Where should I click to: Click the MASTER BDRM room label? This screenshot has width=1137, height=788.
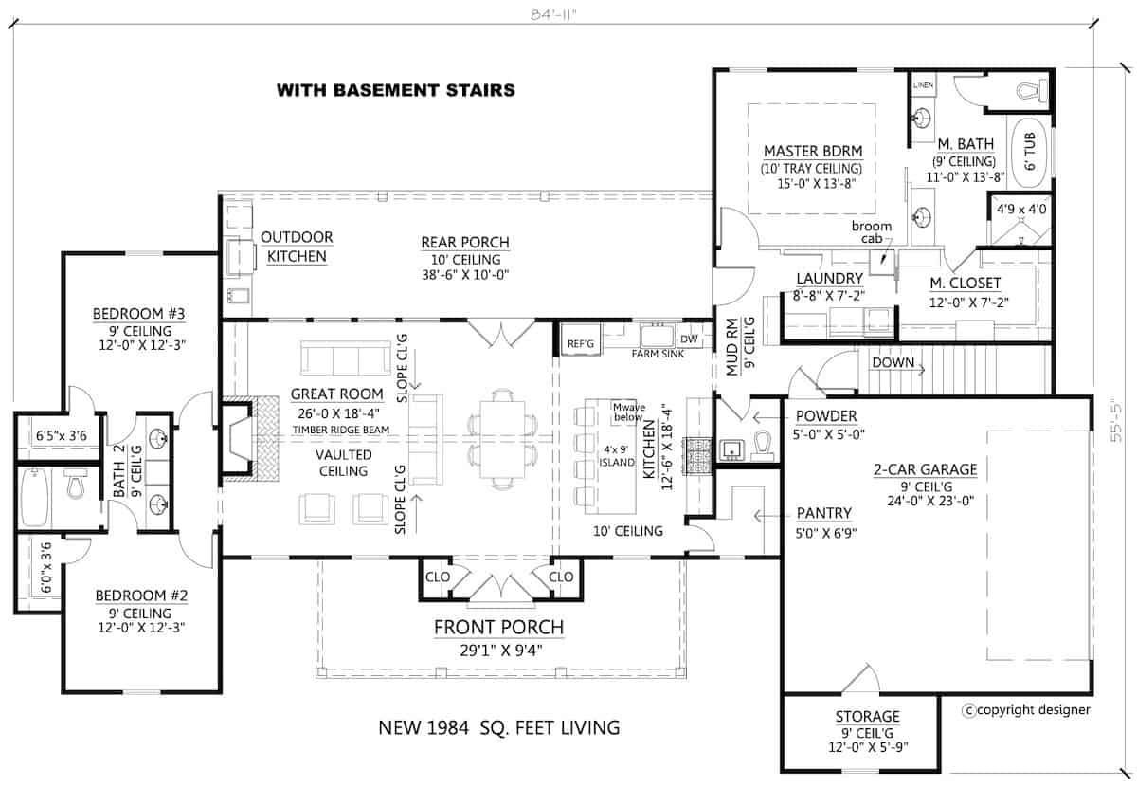[806, 151]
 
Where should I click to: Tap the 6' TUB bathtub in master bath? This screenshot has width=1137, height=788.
[1029, 153]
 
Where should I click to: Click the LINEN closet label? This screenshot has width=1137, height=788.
[923, 86]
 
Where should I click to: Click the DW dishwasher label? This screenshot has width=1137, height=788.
[689, 339]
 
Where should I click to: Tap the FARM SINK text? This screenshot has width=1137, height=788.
[658, 354]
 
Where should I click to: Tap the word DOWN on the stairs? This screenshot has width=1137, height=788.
[893, 362]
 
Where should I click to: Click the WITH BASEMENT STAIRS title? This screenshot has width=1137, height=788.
[395, 91]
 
